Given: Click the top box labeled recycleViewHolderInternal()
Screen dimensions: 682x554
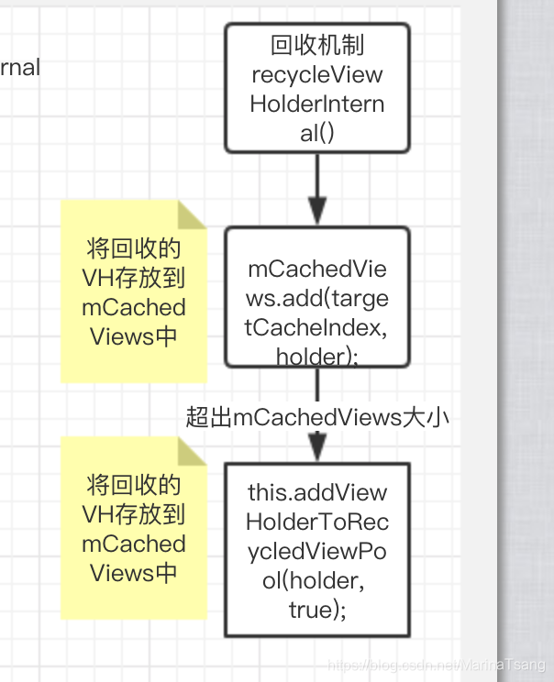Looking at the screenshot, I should coord(316,88).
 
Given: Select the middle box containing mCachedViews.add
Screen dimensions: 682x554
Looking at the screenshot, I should coord(316,298).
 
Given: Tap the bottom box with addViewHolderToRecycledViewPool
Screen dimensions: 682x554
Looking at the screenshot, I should coord(316,549).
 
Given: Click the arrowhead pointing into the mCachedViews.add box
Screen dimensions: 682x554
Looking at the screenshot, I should coord(316,212).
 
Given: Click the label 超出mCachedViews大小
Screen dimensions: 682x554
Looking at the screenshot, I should coord(316,417).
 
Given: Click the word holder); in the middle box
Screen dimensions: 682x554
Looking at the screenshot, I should coord(316,356).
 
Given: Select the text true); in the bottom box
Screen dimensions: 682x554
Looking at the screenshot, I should coord(316,609).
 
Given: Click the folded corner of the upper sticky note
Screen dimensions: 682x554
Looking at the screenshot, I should coord(193,214).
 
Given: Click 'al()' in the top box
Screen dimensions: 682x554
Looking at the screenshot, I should coord(316,133).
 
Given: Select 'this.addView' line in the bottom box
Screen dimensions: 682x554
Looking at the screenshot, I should coord(316,492).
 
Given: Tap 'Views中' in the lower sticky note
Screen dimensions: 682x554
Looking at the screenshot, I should coord(133,573).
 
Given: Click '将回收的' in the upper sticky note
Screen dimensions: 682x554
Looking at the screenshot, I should coord(133,248).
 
